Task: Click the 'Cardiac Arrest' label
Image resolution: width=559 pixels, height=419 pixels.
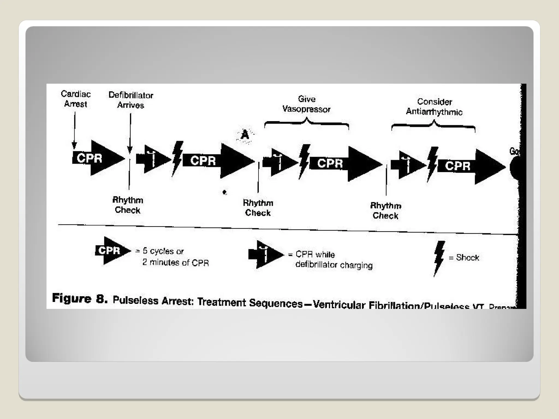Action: pyautogui.click(x=76, y=99)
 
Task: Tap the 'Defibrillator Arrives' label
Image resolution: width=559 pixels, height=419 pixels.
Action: pyautogui.click(x=131, y=100)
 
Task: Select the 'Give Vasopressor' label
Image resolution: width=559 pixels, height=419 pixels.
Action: pyautogui.click(x=306, y=104)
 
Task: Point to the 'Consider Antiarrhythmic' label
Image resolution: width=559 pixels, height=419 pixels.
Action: pyautogui.click(x=434, y=107)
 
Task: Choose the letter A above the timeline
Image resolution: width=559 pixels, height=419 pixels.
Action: pyautogui.click(x=245, y=135)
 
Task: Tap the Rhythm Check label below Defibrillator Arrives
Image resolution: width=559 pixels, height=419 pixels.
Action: pyautogui.click(x=127, y=205)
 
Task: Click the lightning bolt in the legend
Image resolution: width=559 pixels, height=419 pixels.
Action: pyautogui.click(x=439, y=258)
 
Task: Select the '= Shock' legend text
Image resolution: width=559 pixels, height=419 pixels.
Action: pyautogui.click(x=464, y=258)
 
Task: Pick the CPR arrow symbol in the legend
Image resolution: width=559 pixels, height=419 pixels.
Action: pyautogui.click(x=112, y=250)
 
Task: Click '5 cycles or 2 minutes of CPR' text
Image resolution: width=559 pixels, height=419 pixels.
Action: pyautogui.click(x=175, y=257)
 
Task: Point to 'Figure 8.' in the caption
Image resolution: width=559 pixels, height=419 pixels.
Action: pyautogui.click(x=79, y=298)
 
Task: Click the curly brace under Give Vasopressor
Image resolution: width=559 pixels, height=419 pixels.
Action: pyautogui.click(x=307, y=123)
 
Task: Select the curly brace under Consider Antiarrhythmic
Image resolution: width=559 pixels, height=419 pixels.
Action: pyautogui.click(x=433, y=125)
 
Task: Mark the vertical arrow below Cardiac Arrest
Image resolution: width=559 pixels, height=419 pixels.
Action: pyautogui.click(x=74, y=130)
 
